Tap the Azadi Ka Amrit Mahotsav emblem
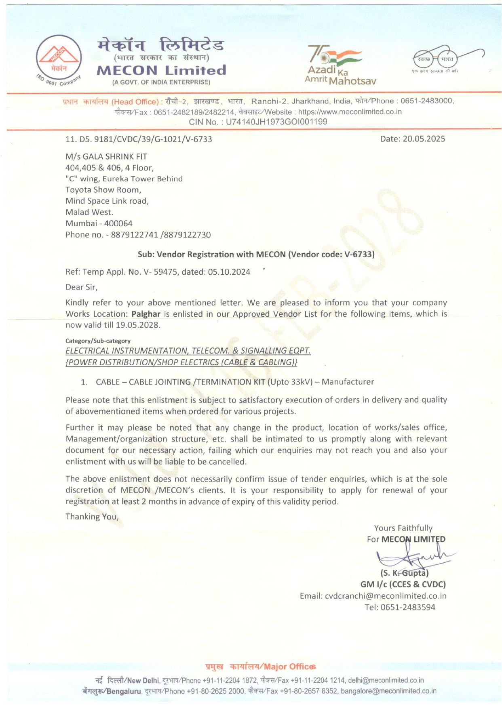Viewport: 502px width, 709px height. point(340,65)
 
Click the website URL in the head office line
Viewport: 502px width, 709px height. point(350,112)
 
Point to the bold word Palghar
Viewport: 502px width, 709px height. point(146,314)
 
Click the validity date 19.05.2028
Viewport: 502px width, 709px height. point(137,325)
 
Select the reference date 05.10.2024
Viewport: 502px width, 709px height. point(229,272)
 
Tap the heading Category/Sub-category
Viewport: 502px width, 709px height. point(98,341)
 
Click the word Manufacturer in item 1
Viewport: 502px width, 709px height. point(348,382)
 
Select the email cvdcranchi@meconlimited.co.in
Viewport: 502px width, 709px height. point(386,596)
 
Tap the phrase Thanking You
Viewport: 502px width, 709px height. point(92,517)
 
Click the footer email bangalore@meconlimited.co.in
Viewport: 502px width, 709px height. point(388,691)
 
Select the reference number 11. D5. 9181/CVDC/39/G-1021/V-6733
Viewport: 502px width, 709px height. point(139,139)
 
